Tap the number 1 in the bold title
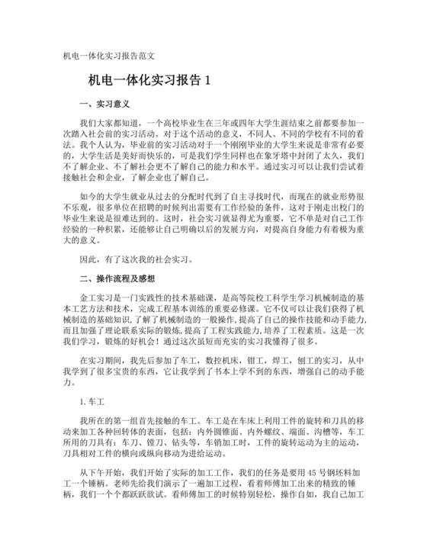click(205, 79)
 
